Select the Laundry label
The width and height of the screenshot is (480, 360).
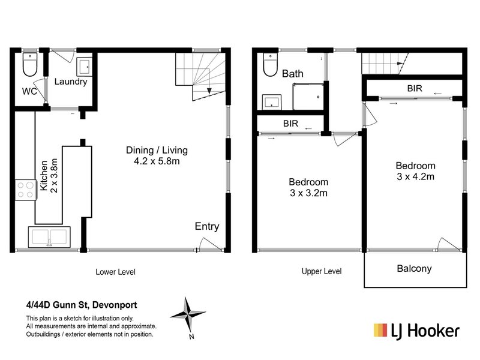[71, 82]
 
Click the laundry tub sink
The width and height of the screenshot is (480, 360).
[84, 66]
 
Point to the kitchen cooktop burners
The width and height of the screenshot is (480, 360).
[25, 190]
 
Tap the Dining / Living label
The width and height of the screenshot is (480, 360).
[157, 150]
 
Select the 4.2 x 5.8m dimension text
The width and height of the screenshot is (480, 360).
[157, 162]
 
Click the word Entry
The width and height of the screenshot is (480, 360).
[206, 227]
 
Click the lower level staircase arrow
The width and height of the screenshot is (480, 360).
[209, 90]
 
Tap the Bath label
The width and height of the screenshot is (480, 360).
[293, 74]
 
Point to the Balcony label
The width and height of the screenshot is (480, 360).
[414, 269]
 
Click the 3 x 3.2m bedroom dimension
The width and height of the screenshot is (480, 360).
[308, 193]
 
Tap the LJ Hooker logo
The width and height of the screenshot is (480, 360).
[416, 330]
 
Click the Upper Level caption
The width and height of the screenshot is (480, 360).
[321, 272]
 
